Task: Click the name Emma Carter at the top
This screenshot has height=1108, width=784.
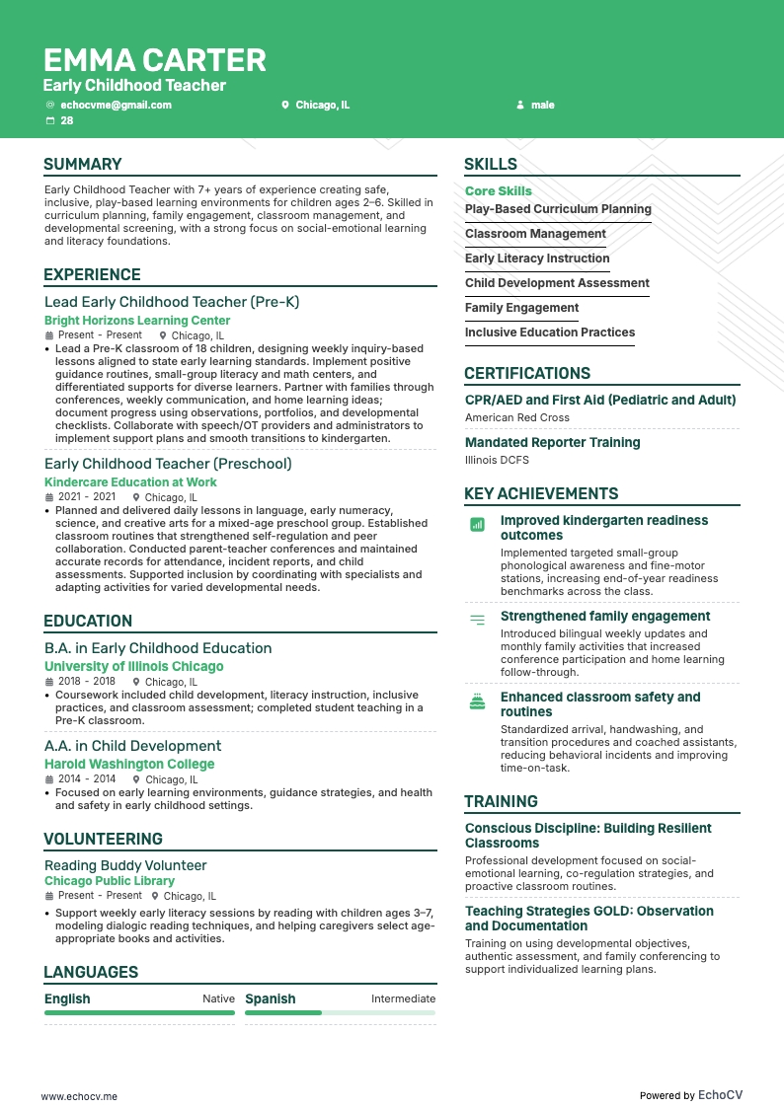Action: [x=155, y=60]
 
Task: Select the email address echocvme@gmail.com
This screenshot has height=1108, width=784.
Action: [x=116, y=105]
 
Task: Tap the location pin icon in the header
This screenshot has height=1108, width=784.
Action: [x=285, y=105]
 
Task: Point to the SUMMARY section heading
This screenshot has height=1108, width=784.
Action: [x=83, y=165]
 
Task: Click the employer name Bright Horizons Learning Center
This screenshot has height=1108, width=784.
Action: [x=137, y=321]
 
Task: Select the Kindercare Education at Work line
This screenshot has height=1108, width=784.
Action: [x=130, y=482]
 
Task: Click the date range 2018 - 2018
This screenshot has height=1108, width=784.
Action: [x=87, y=682]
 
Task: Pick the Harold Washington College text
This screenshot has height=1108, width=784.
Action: [x=129, y=765]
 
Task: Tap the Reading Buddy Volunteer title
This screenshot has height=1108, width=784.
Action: [x=125, y=865]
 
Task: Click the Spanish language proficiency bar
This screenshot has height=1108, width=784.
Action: [x=340, y=1012]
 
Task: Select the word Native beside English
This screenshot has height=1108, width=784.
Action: [x=218, y=998]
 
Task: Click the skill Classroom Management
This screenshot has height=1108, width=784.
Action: [x=535, y=234]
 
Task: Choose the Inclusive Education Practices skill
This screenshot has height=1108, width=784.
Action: [x=550, y=332]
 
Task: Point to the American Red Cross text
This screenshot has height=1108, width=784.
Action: [x=517, y=417]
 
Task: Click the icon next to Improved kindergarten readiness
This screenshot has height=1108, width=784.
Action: [x=478, y=525]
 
